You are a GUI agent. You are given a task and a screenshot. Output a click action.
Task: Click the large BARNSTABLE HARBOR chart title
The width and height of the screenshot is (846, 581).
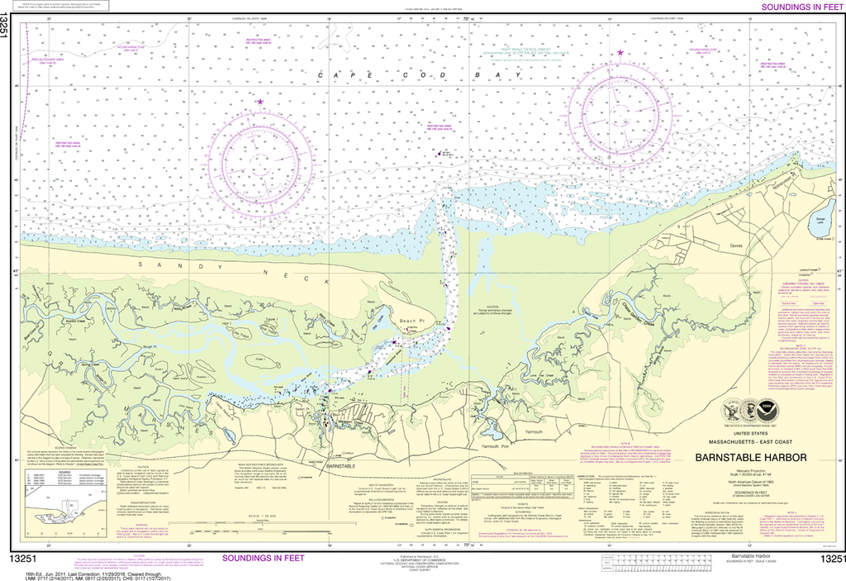pos(751,457)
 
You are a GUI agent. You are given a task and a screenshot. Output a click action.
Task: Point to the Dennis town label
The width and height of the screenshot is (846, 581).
pos(738,245)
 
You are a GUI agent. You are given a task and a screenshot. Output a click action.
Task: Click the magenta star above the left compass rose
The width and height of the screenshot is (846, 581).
pos(260,102)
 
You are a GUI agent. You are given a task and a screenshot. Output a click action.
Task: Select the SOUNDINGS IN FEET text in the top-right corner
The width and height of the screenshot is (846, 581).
pos(796,7)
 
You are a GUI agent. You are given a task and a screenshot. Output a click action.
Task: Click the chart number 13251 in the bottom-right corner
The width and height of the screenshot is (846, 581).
pos(830,560)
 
